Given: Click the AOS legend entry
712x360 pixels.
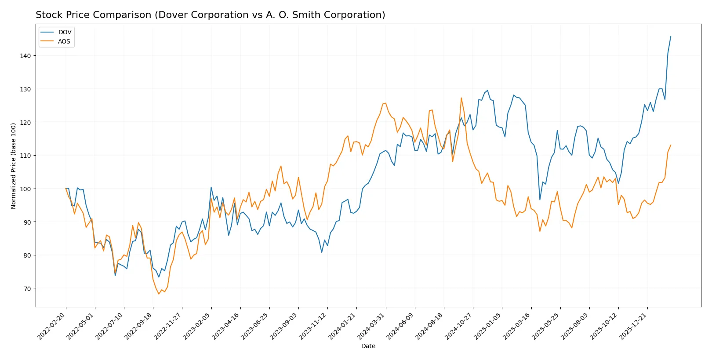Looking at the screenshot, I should point(64,41).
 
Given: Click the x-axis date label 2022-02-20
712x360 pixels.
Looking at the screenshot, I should point(52,326).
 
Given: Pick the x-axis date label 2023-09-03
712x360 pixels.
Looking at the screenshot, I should point(284,326).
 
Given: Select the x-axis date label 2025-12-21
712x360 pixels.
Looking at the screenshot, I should point(633,326).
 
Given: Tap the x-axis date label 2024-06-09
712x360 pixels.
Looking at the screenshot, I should point(401,326).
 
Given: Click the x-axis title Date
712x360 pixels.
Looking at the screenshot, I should point(368,346).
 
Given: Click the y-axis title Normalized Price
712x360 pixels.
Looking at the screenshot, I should point(13,166).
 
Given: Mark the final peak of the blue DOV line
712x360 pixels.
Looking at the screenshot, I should point(671,36).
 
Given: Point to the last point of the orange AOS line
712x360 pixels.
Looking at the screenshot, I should point(671,145).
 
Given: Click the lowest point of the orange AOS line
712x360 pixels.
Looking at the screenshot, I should point(159,294).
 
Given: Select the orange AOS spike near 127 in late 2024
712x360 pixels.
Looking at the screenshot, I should point(461,98).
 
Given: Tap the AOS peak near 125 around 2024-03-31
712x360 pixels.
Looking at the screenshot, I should point(385,103).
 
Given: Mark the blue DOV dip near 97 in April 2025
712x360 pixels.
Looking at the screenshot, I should point(540,200).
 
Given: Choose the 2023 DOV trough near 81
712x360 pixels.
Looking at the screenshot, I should point(322,252).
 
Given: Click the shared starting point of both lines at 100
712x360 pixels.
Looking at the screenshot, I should point(66,189).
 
